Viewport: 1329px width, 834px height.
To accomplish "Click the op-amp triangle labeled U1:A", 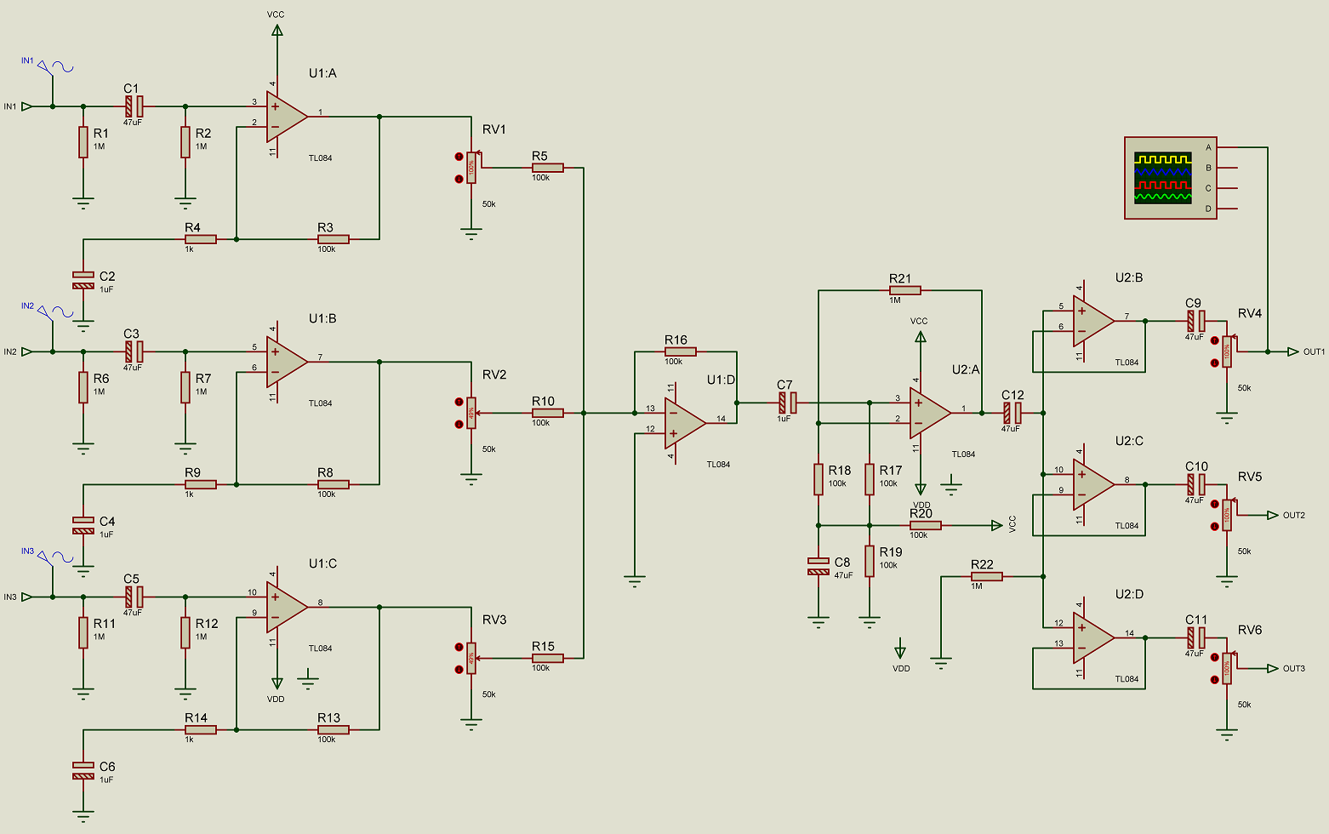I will coord(285,117).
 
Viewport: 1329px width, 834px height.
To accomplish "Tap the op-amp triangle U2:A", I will coord(928,413).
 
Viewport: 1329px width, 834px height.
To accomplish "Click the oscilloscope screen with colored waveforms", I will coord(1162,178).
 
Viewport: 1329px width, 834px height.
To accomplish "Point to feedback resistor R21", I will coord(905,290).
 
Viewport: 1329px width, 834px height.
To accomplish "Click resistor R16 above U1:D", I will coord(681,351).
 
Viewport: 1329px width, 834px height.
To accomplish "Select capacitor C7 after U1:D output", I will coord(787,403).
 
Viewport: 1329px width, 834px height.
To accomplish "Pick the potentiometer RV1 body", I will coord(471,168).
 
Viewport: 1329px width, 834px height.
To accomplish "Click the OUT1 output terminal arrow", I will coord(1293,351).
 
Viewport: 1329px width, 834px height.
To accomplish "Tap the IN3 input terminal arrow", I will coord(27,597).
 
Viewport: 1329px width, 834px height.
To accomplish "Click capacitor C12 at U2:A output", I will coord(1012,413).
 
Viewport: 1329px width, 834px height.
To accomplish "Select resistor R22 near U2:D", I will coord(987,576).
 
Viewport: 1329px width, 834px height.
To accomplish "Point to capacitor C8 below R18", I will coord(819,566).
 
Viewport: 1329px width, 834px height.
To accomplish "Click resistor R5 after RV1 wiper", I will coord(547,168).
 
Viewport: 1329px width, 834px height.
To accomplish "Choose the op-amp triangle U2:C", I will coord(1092,484).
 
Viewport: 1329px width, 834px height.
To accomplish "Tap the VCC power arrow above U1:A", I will coord(277,30).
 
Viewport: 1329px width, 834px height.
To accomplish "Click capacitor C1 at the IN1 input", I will coord(134,106).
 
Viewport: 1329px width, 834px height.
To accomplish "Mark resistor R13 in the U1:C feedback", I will coord(333,729).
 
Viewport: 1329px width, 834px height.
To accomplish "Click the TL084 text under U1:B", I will coord(320,403).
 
